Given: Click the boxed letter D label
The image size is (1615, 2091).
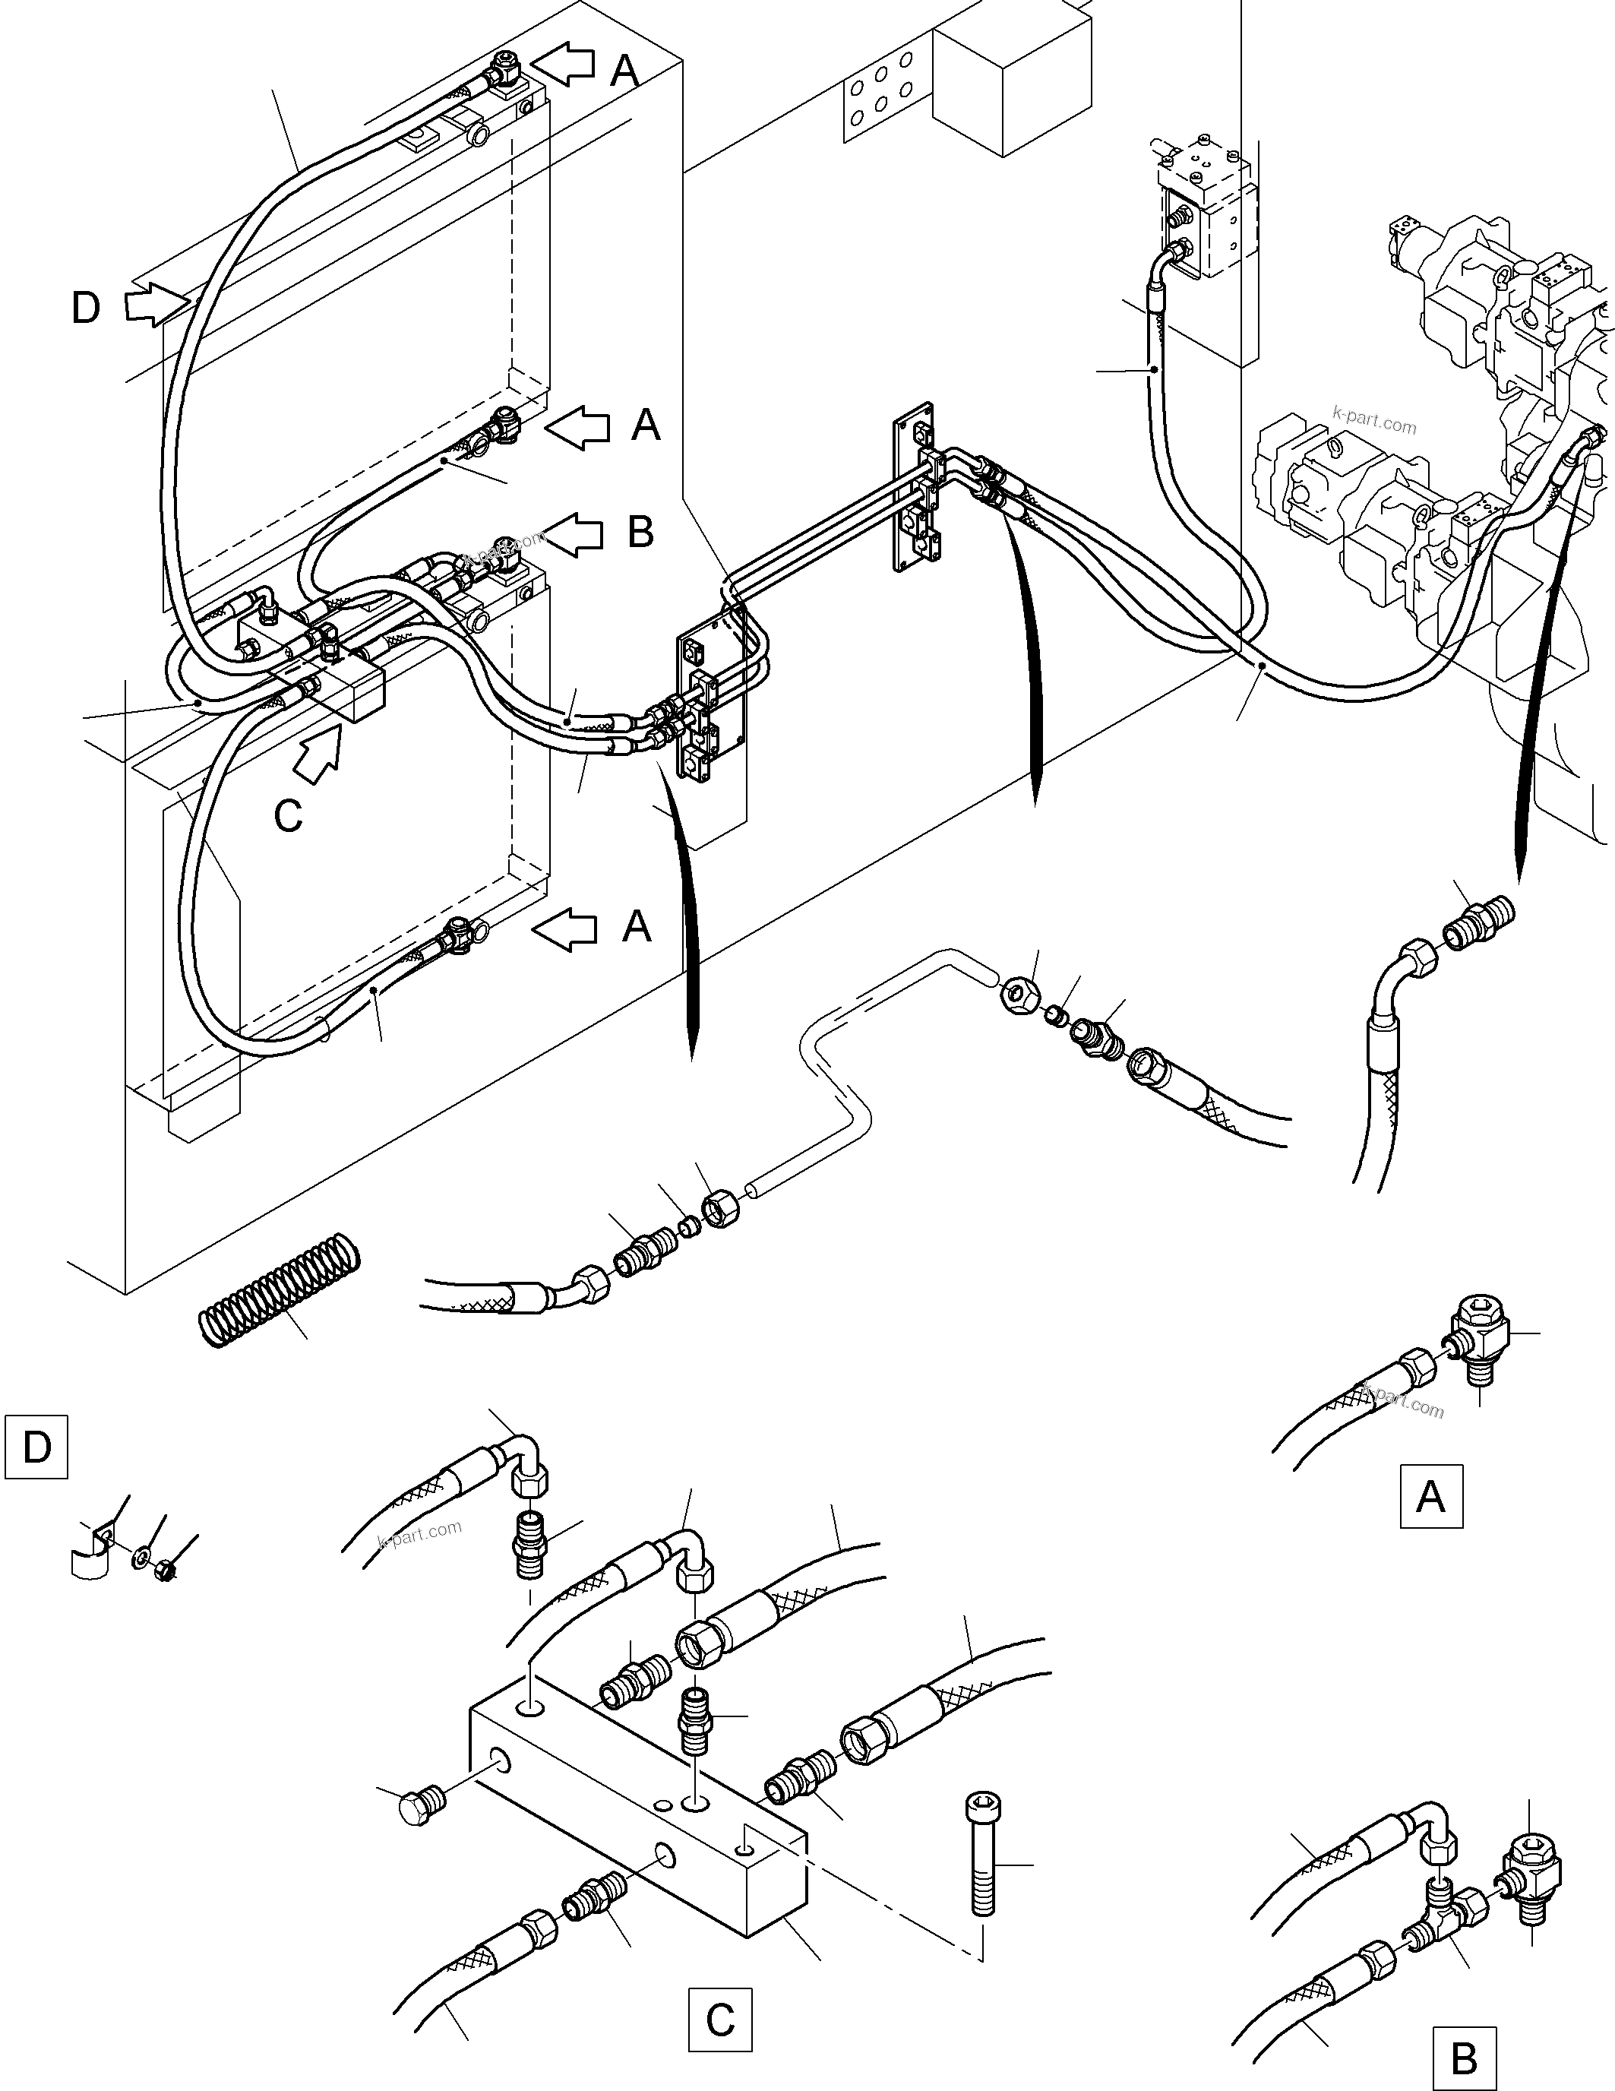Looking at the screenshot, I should [36, 1446].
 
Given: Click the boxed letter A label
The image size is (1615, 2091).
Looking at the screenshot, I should [1430, 1495].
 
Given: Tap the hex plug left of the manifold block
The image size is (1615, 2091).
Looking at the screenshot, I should [417, 1805].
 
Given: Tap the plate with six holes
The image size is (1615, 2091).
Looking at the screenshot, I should [882, 93].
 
